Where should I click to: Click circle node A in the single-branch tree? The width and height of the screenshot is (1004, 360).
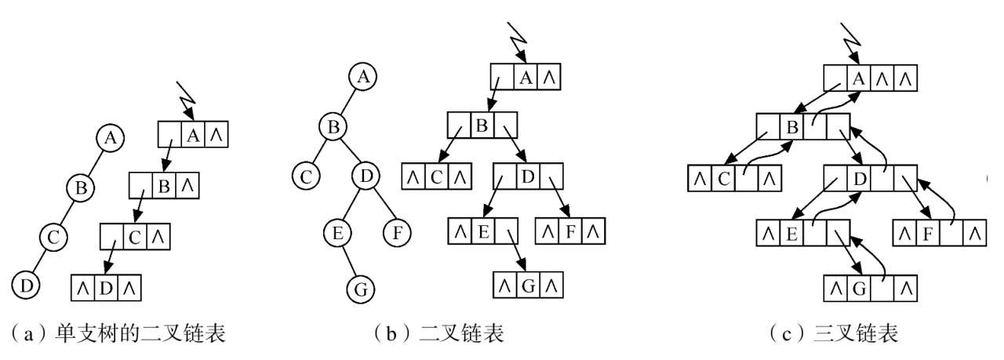pyautogui.click(x=110, y=139)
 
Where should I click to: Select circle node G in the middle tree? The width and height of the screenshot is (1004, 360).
pyautogui.click(x=362, y=289)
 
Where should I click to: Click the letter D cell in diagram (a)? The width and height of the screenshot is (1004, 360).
pyautogui.click(x=107, y=288)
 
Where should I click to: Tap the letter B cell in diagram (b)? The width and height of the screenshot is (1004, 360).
pyautogui.click(x=482, y=125)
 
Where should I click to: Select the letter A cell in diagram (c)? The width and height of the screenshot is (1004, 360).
pyautogui.click(x=859, y=78)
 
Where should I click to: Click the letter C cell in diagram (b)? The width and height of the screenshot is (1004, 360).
pyautogui.click(x=436, y=176)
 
